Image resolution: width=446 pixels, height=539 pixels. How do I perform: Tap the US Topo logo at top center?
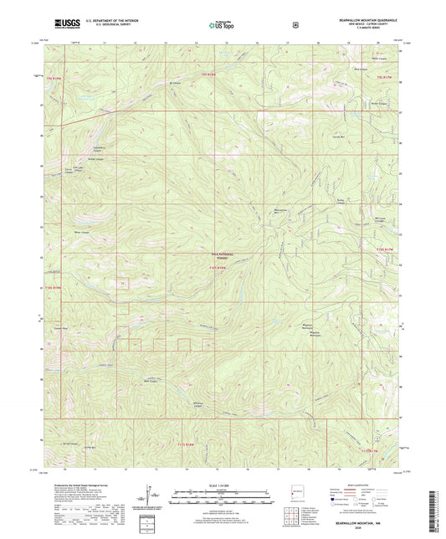pos(222,25)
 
